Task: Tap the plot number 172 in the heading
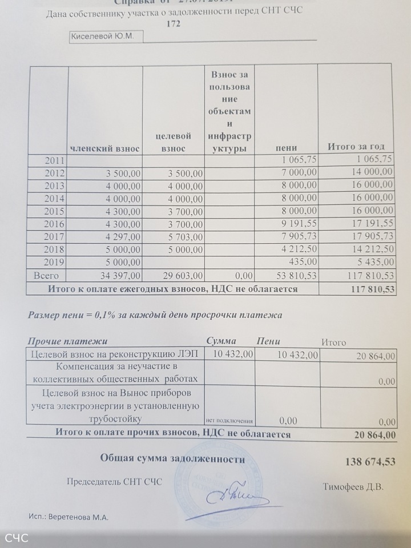point(174,24)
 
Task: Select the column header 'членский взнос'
point(105,148)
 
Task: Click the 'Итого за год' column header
point(356,147)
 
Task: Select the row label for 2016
point(57,224)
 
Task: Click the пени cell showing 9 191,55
point(297,224)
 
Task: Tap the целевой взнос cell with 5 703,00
point(184,237)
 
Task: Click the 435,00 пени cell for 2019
point(304,262)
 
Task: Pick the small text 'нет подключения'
point(229,421)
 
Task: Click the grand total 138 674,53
point(370,461)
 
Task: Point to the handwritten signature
point(231,496)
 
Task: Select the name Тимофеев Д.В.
point(353,487)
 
